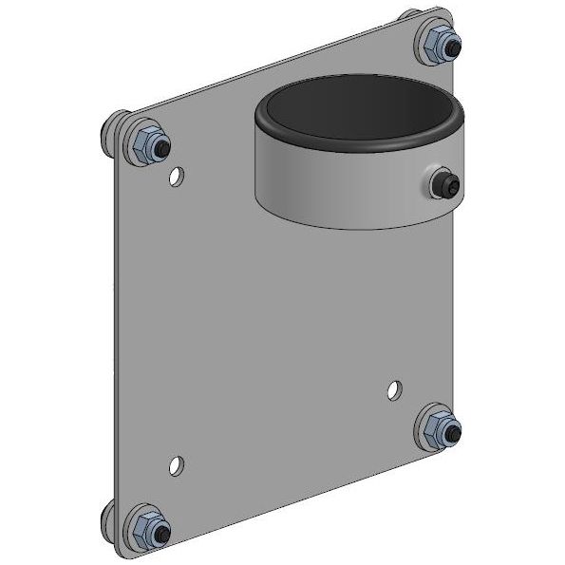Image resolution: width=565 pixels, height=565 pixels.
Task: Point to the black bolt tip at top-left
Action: [x=162, y=149]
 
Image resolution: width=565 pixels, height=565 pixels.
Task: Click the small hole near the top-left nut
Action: [x=176, y=176]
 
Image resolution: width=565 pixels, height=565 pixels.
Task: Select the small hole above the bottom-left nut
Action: [x=176, y=464]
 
